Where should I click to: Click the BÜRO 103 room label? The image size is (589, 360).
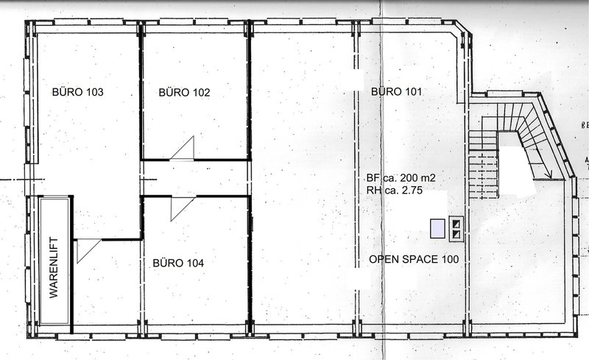(x=77, y=92)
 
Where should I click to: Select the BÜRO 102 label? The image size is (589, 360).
(x=184, y=93)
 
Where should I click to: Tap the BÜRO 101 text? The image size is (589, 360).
(x=396, y=92)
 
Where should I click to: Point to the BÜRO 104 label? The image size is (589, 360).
(x=178, y=263)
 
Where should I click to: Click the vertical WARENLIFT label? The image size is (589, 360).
(x=54, y=267)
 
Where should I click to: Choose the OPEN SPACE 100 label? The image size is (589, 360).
(x=414, y=259)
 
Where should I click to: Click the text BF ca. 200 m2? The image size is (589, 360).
(x=401, y=177)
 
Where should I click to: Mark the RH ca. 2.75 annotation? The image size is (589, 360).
(x=395, y=190)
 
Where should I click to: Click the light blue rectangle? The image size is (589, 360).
(x=437, y=228)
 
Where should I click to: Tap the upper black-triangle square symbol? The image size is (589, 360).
(x=456, y=224)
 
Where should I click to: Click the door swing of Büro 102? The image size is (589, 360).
(x=182, y=148)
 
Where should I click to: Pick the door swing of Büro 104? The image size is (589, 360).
(x=183, y=208)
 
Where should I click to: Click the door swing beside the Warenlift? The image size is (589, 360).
(x=89, y=251)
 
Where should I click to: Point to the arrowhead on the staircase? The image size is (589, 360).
(x=549, y=174)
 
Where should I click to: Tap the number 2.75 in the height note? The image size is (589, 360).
(x=412, y=190)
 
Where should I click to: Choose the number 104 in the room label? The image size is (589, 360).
(x=195, y=263)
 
